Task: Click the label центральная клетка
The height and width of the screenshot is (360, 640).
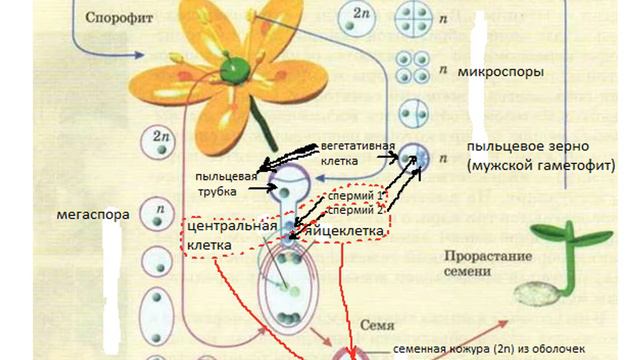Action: pos(230,234)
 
